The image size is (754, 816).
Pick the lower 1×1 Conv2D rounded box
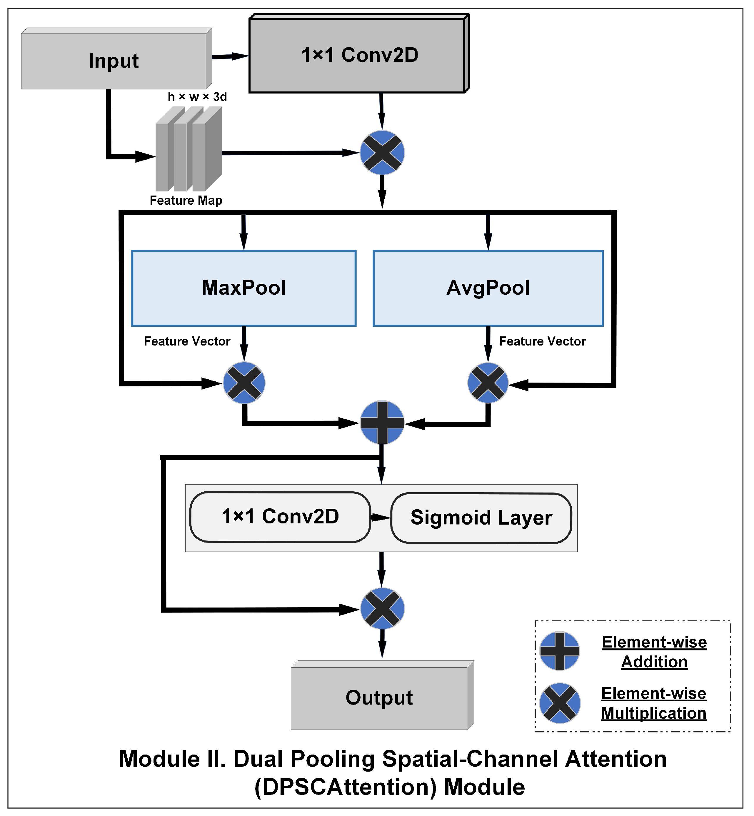[280, 517]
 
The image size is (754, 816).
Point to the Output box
[379, 698]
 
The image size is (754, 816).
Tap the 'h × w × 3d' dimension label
[197, 97]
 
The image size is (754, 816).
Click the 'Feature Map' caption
[186, 200]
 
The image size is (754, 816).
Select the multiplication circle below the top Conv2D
[382, 153]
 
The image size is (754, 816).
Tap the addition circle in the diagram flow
[382, 422]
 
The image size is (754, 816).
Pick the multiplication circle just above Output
[382, 608]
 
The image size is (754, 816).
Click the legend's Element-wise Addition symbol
[559, 651]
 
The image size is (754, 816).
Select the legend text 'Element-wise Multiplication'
[654, 703]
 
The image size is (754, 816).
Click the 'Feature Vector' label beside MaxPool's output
[187, 341]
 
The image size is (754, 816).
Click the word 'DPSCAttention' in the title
[348, 787]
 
